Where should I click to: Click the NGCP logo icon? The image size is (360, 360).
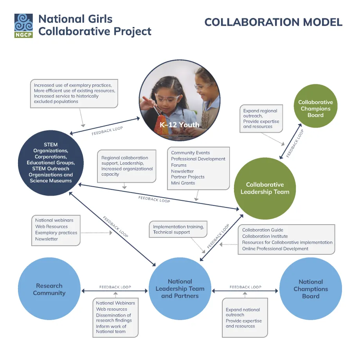point(23,26)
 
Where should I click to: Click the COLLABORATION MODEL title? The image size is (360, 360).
point(273,22)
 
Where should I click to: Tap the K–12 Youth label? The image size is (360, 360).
point(180,125)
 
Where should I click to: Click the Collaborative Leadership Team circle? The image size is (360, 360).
point(265,188)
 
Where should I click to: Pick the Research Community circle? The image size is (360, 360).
point(49,289)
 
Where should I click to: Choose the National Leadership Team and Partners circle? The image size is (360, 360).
point(180,289)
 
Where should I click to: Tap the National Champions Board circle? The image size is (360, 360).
point(311,289)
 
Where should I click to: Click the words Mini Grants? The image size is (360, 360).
point(183,183)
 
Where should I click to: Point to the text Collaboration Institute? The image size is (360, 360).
point(265,236)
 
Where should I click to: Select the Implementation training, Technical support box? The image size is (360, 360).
point(178,229)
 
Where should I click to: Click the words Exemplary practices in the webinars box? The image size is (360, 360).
point(56,233)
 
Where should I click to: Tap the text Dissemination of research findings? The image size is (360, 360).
point(113,318)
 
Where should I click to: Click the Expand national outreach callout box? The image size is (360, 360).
point(245,317)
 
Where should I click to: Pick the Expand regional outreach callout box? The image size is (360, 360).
point(261,118)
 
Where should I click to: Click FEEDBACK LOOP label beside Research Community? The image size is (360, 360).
point(115,287)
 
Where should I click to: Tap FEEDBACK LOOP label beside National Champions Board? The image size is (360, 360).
point(245,287)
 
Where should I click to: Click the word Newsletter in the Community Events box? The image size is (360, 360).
point(182,171)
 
